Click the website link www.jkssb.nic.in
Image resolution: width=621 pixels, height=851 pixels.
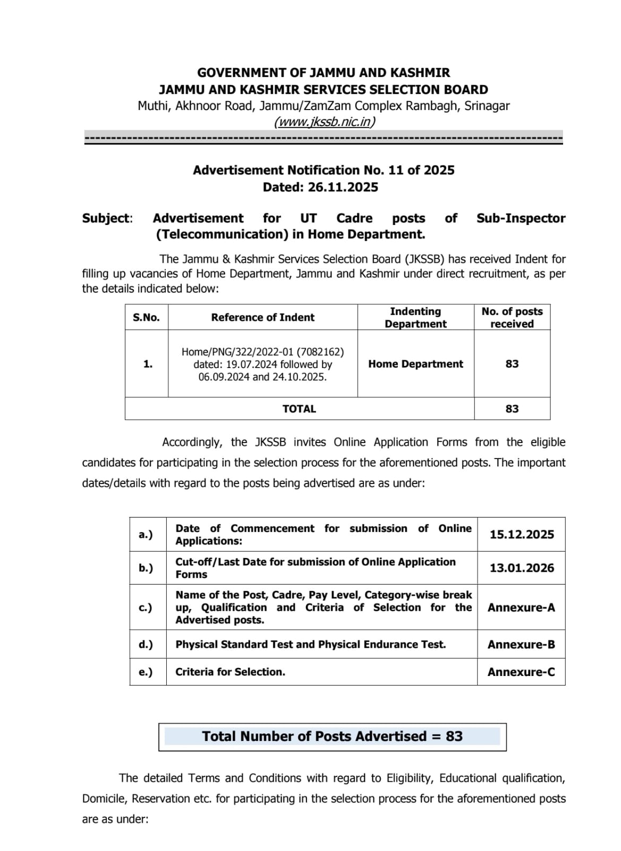tap(324, 122)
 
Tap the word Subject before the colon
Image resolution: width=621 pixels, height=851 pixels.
tap(106, 218)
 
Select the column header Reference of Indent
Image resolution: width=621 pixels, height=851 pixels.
tap(262, 318)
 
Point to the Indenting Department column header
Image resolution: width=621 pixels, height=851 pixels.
tap(415, 318)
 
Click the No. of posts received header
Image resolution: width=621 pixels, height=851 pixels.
tap(512, 318)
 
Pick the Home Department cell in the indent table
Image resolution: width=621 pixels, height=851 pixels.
tap(415, 364)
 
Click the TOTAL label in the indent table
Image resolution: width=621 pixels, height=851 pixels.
tap(299, 408)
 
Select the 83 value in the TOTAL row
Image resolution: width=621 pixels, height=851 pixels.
tap(512, 408)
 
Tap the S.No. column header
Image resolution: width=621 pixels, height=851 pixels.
tap(146, 318)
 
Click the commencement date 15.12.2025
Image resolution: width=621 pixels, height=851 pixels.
tap(521, 535)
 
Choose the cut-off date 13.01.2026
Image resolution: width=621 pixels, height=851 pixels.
tap(521, 568)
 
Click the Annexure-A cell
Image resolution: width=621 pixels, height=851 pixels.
tap(521, 607)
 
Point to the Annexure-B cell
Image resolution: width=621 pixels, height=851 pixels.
tap(521, 645)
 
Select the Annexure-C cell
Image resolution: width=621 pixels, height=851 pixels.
tap(521, 672)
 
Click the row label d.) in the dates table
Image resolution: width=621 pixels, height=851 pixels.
tap(146, 645)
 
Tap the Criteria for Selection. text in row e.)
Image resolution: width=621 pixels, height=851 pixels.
tap(230, 672)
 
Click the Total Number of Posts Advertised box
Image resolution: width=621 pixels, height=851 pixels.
tap(332, 737)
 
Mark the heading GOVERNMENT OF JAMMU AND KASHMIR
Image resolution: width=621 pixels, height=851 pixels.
tap(324, 73)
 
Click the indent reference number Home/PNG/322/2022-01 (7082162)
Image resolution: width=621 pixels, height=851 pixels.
tap(262, 352)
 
